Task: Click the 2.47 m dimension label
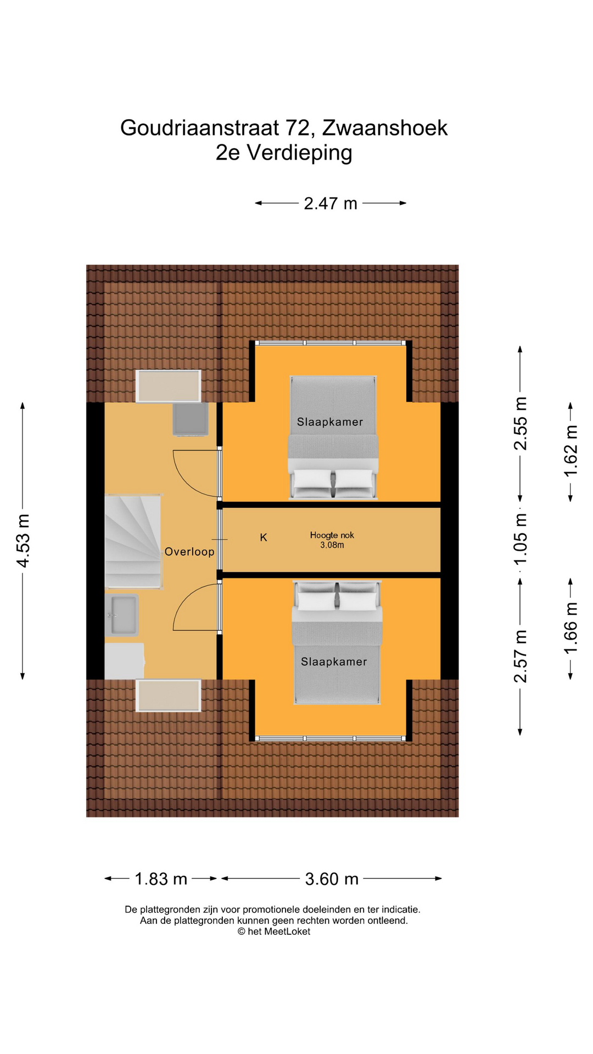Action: coord(331,204)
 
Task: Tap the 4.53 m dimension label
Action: coord(23,541)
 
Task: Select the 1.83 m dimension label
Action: coord(161,879)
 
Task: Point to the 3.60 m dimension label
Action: coord(332,879)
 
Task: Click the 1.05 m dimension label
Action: coord(520,539)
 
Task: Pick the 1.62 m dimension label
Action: coord(570,452)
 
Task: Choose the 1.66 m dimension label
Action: coord(570,628)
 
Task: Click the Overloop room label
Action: coord(189,552)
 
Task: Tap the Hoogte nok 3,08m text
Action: coord(332,540)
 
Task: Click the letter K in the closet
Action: coord(264,537)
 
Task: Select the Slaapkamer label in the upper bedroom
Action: coord(329,422)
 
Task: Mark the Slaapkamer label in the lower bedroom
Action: coord(334,661)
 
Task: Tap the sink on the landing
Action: coord(123,615)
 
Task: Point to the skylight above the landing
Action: coord(169,386)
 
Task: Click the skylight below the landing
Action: coord(169,695)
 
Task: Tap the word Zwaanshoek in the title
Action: coord(384,128)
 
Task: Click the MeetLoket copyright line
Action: coord(273,932)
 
